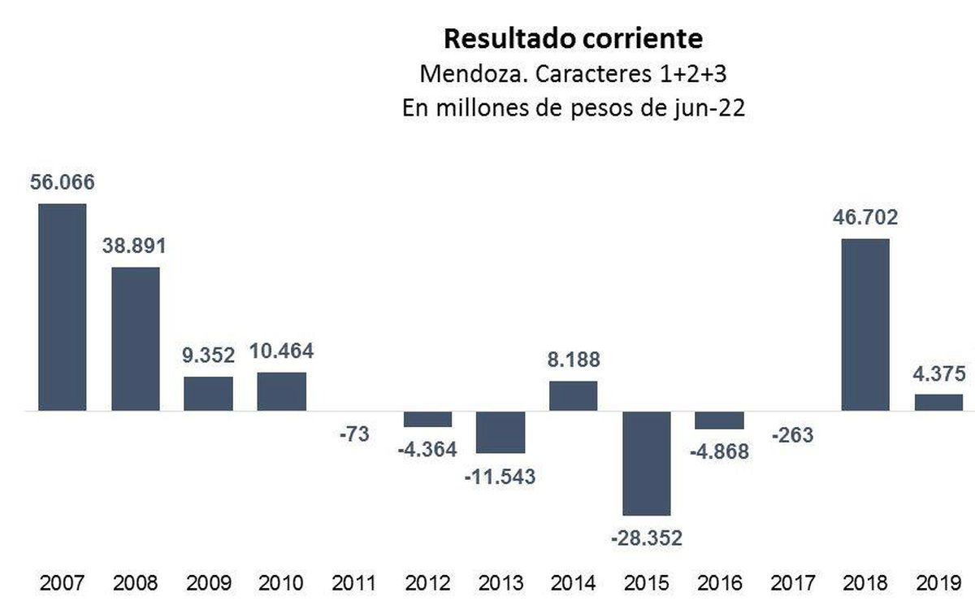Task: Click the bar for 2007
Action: [x=62, y=307]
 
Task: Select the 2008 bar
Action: [x=135, y=339]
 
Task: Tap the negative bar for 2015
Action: [x=646, y=463]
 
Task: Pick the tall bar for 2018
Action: [x=864, y=325]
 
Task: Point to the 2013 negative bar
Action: [x=500, y=432]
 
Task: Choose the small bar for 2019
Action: [x=938, y=403]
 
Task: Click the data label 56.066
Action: [x=62, y=182]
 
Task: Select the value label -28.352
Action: [x=647, y=538]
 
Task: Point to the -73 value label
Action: [x=353, y=434]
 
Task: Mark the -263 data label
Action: [x=792, y=435]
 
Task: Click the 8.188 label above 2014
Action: [x=574, y=359]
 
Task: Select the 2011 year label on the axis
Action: [x=354, y=583]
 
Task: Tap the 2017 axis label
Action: [x=792, y=583]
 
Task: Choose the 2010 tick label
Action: [x=281, y=583]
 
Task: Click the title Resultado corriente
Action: [x=573, y=38]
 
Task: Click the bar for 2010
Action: [x=281, y=391]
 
